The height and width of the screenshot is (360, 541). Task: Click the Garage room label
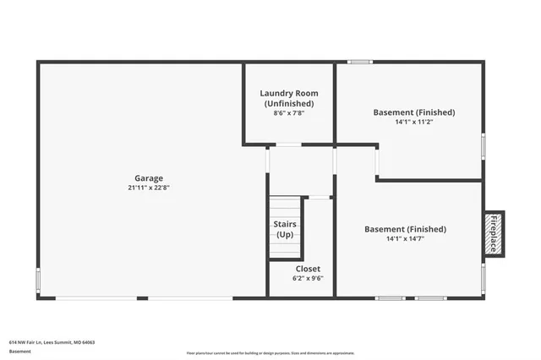149,177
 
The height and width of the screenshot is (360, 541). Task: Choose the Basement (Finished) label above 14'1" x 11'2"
414,112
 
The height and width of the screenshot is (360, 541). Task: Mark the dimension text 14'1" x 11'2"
414,121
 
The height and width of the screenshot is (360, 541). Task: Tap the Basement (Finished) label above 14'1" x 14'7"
405,229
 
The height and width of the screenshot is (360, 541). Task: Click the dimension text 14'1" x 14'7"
405,238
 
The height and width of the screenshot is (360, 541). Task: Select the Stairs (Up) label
285,228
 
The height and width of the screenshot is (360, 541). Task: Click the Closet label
308,269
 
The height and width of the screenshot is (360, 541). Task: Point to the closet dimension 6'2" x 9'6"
308,278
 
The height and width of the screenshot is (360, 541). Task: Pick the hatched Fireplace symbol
494,234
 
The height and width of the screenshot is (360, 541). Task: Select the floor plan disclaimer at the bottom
270,352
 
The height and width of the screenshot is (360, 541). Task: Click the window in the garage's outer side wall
37,280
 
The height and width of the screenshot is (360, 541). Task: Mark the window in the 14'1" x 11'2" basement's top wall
360,61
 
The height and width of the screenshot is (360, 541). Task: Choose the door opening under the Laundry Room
289,145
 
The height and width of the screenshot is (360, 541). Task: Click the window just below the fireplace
483,277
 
